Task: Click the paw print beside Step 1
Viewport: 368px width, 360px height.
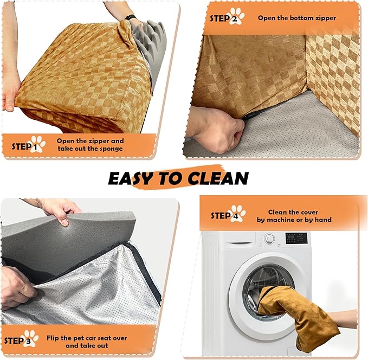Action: (38, 144)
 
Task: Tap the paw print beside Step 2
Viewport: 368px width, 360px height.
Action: (237, 16)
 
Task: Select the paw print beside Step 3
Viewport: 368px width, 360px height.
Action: (31, 338)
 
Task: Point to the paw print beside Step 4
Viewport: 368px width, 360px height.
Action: (238, 214)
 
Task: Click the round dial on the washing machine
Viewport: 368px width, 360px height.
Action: (269, 239)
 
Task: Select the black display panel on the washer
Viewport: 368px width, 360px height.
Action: (296, 239)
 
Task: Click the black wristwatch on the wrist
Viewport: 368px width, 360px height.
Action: (131, 17)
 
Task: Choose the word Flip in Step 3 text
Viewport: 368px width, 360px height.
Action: (53, 338)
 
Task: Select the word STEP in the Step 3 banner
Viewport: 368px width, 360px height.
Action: (14, 340)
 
